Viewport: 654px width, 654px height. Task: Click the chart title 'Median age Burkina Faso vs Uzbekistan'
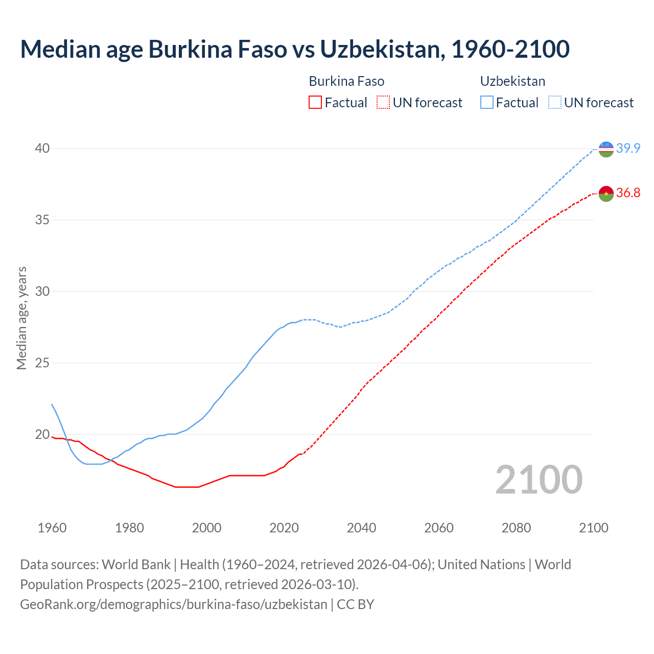coord(294,49)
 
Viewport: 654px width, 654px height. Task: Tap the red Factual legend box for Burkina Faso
coord(315,103)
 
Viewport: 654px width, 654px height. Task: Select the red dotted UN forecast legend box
coord(383,103)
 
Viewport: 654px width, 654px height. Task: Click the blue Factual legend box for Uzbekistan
coord(487,103)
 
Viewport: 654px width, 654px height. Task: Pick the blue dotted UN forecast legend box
coord(555,103)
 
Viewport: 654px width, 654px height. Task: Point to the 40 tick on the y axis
coord(42,149)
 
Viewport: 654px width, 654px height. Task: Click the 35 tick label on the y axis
coord(42,220)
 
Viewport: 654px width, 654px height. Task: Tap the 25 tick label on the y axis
coord(42,363)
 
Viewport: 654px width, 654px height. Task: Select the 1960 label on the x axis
coord(52,528)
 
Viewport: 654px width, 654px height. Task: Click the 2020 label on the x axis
coord(284,528)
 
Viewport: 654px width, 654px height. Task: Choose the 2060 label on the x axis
coord(439,528)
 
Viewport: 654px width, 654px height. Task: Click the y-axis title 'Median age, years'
coord(21,318)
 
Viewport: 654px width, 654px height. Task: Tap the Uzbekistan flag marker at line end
coord(606,149)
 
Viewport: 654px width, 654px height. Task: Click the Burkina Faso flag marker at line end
coord(606,194)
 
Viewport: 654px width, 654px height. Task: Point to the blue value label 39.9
coord(628,149)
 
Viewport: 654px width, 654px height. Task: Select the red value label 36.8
coord(628,193)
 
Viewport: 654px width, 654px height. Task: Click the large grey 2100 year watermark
coord(539,480)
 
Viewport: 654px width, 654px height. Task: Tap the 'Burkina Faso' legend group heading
coord(346,81)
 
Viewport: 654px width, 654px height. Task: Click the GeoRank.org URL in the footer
coord(173,604)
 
